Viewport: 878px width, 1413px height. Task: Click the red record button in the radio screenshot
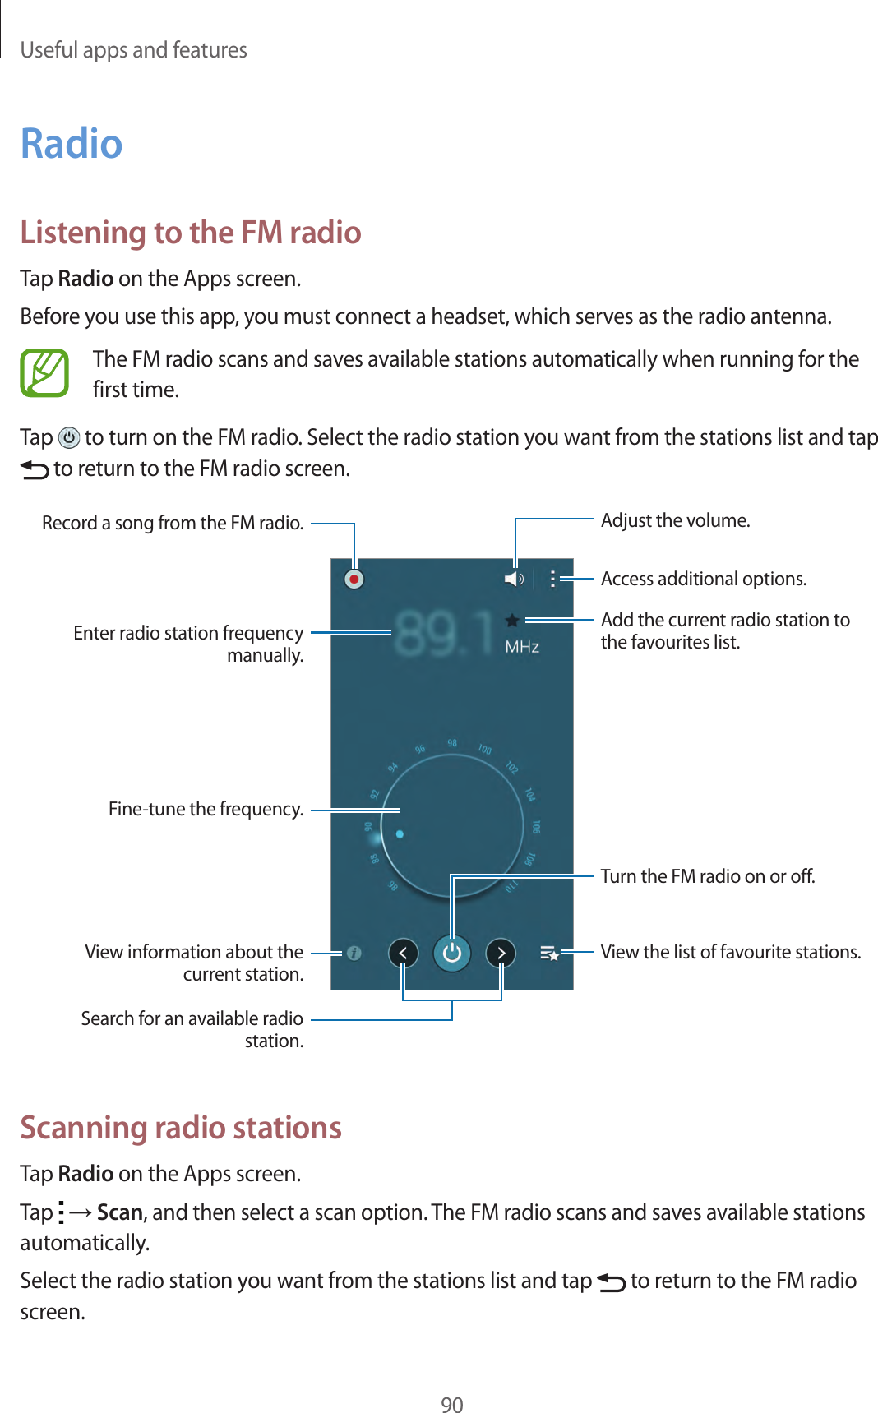click(354, 580)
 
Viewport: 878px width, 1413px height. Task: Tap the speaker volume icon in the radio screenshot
click(514, 580)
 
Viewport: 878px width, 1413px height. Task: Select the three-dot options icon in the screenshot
click(552, 579)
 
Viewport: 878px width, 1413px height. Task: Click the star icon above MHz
click(511, 621)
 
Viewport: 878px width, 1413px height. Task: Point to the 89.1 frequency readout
click(443, 634)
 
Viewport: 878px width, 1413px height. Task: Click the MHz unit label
click(522, 647)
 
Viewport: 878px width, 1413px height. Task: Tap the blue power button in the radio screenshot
click(451, 954)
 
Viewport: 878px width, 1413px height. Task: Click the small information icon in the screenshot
click(354, 953)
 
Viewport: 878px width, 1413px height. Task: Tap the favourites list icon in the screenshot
click(549, 953)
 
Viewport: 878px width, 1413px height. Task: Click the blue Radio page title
click(72, 144)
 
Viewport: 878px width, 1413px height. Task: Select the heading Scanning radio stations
click(181, 1127)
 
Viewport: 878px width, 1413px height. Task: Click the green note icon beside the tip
click(44, 373)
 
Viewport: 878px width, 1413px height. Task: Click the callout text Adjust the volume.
click(675, 520)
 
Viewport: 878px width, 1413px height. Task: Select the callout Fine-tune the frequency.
click(206, 809)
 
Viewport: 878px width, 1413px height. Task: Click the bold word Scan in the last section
click(119, 1212)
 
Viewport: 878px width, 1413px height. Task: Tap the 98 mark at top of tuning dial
click(452, 743)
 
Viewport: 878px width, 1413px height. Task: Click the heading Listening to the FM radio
click(191, 233)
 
